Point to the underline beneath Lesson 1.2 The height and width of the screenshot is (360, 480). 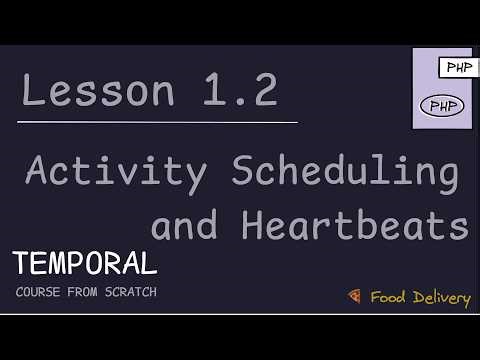point(160,122)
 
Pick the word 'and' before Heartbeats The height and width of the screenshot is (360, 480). point(183,226)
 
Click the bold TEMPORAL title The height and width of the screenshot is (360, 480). point(86,264)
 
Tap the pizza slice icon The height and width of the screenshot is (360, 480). point(354,296)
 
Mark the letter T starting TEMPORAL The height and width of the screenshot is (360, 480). point(22,264)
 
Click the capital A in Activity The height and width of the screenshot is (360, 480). point(39,172)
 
